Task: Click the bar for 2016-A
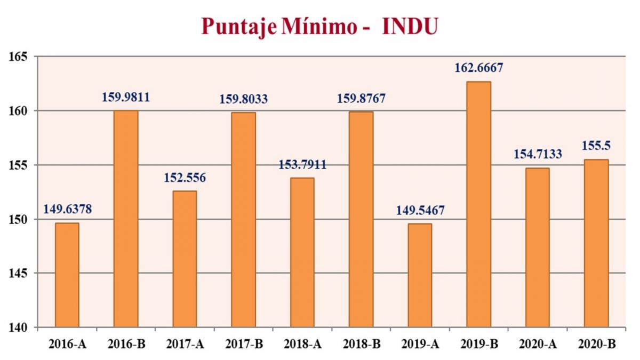pos(67,275)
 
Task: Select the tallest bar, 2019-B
pos(478,204)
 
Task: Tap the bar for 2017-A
pos(185,259)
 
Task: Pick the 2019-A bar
pos(420,275)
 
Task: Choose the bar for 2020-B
pos(596,243)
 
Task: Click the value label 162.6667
pos(479,68)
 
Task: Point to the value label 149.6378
pos(68,209)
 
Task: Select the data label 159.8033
pos(244,99)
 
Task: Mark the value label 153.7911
pos(302,165)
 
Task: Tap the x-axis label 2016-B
pos(126,345)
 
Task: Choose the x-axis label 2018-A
pos(302,345)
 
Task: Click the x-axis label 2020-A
pos(537,345)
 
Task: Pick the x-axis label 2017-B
pos(244,345)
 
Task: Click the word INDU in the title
pos(410,27)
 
